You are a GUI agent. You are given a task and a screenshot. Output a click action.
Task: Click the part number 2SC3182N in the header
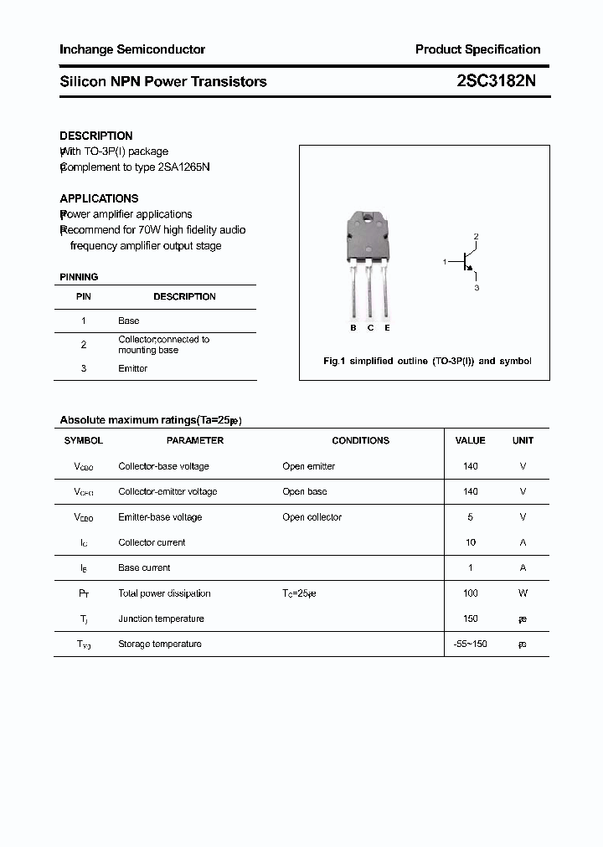tap(497, 81)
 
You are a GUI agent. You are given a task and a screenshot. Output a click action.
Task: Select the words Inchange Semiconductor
tap(132, 49)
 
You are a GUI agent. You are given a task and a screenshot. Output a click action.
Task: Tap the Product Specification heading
tap(477, 49)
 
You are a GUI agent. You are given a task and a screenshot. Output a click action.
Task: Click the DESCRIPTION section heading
tap(96, 136)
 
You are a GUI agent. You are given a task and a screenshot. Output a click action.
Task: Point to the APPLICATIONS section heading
tap(99, 198)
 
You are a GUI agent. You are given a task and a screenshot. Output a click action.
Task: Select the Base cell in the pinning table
tap(129, 321)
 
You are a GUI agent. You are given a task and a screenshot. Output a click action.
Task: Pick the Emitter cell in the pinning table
tap(132, 368)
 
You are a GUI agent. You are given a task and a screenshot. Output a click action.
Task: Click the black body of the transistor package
tap(368, 237)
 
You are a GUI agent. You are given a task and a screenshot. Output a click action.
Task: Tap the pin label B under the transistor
tap(353, 328)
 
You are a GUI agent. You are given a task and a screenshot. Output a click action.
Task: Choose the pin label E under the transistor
tap(387, 328)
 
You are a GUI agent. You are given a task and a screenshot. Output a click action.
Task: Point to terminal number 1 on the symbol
tap(445, 262)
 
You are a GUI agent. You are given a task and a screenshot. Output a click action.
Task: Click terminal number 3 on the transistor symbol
tap(477, 288)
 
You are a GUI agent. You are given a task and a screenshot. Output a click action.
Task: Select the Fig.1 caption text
tap(427, 362)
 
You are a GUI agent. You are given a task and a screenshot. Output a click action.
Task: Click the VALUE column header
tap(470, 440)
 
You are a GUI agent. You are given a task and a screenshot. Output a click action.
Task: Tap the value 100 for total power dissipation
tap(470, 593)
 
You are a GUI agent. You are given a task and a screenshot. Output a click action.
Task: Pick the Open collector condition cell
tap(312, 517)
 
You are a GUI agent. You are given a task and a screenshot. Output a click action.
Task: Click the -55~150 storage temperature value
tap(470, 644)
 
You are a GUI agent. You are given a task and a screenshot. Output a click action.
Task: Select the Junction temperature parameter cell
tap(161, 619)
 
